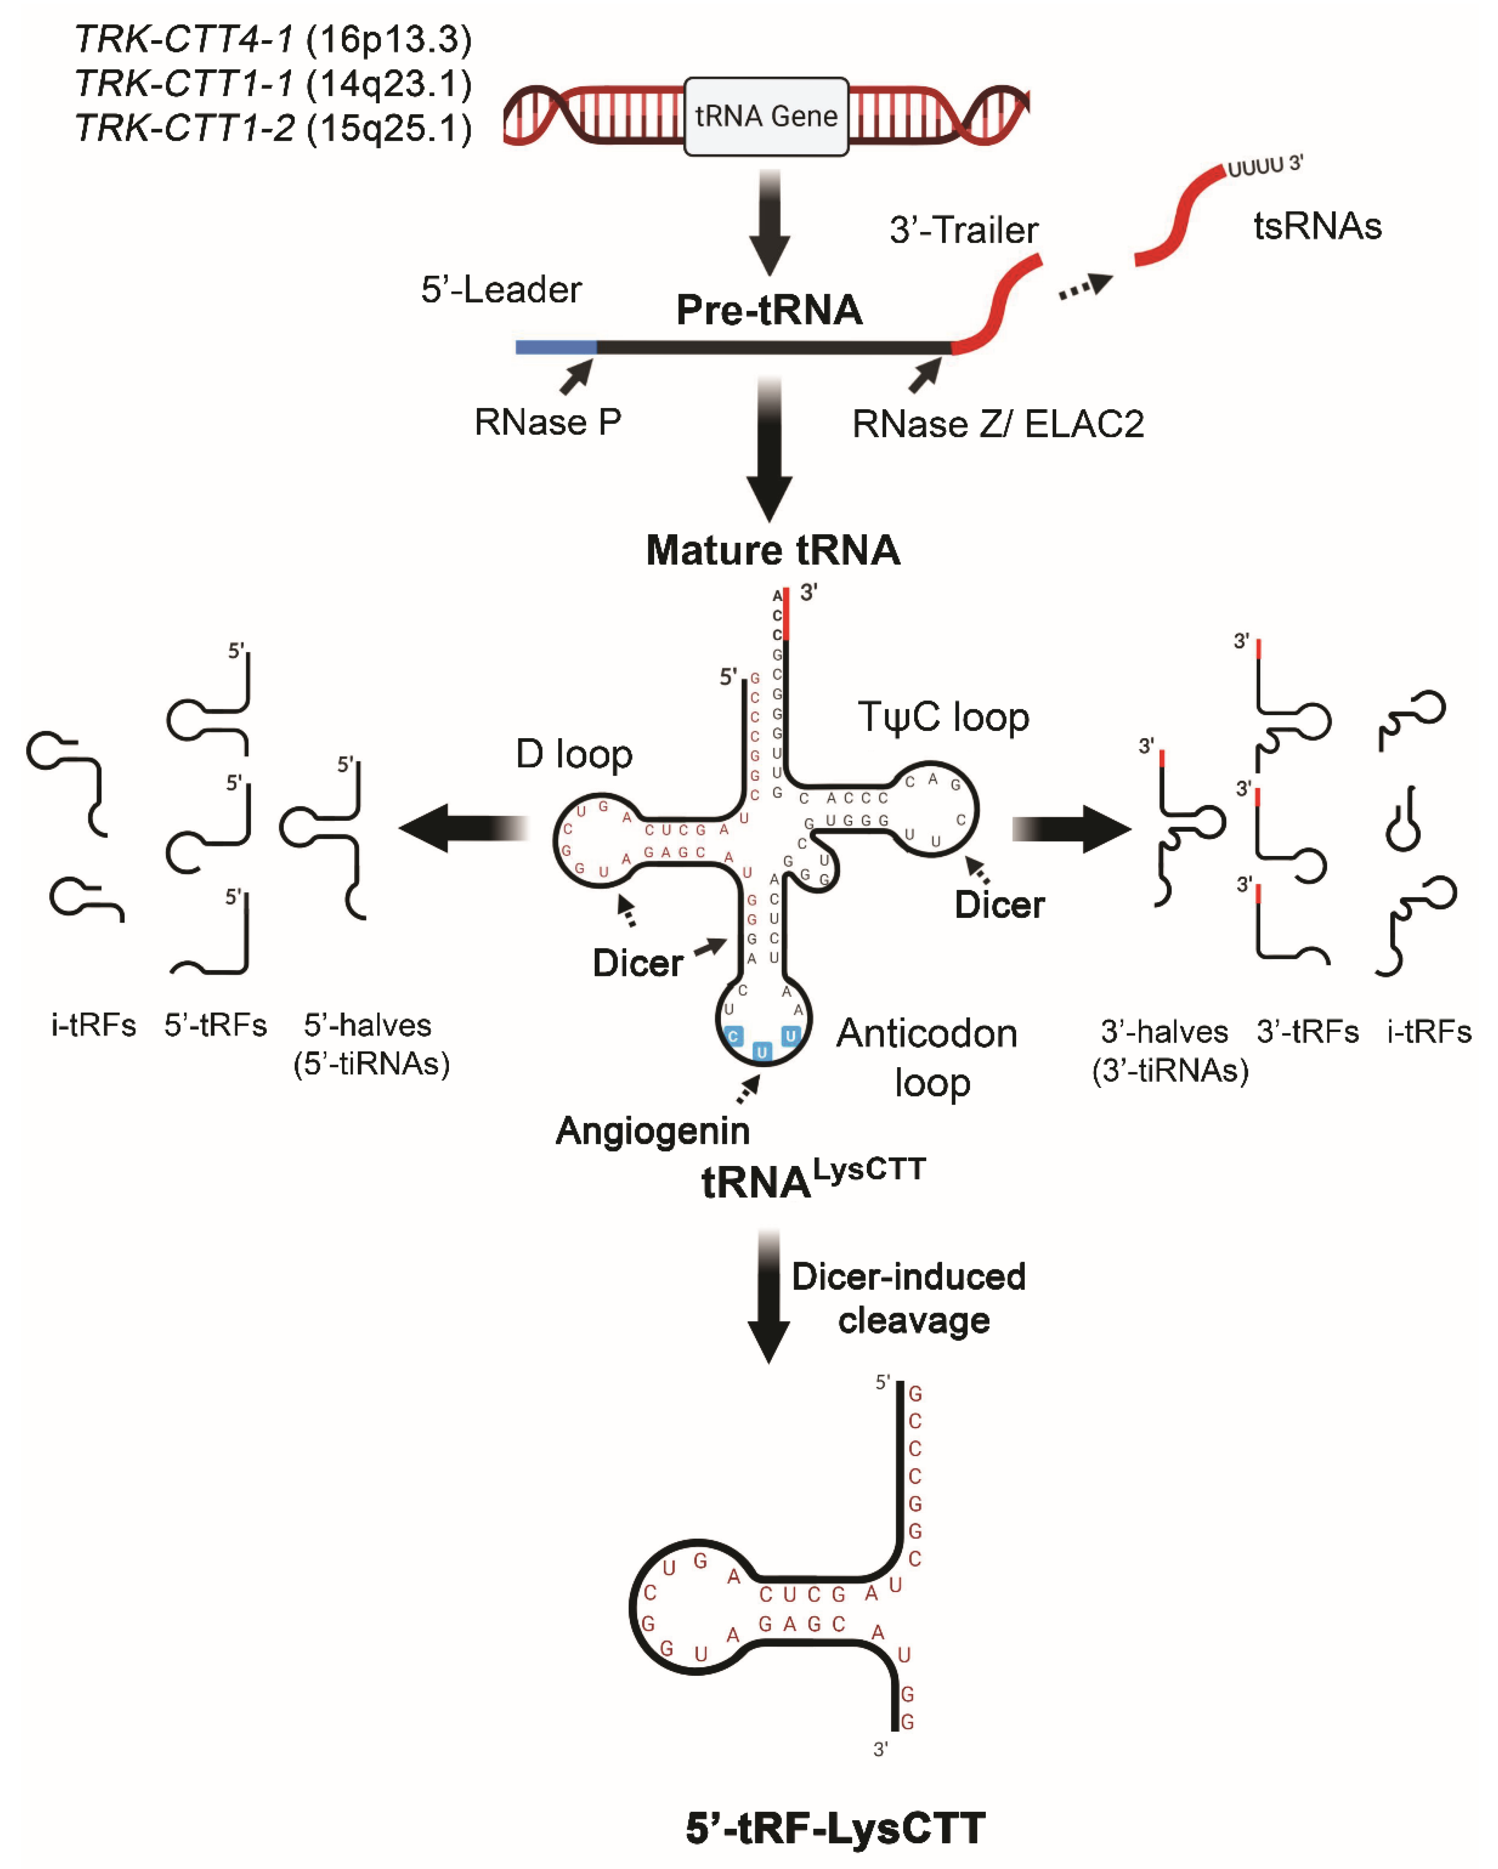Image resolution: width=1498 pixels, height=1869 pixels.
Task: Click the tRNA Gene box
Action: tap(766, 116)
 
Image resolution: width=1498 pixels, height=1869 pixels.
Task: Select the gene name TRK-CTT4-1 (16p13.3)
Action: tap(273, 39)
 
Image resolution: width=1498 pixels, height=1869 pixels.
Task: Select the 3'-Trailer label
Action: tap(963, 230)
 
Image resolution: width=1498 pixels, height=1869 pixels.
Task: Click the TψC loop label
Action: tap(943, 717)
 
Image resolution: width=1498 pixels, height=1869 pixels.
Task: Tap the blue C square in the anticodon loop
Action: tap(733, 1036)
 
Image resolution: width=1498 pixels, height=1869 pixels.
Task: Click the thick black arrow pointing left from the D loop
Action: tap(464, 828)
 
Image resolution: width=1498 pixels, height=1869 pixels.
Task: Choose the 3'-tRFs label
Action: tap(1307, 1032)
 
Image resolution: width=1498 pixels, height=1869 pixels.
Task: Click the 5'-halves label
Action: tap(368, 1025)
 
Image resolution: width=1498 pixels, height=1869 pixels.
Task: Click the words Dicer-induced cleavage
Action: tap(909, 1298)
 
